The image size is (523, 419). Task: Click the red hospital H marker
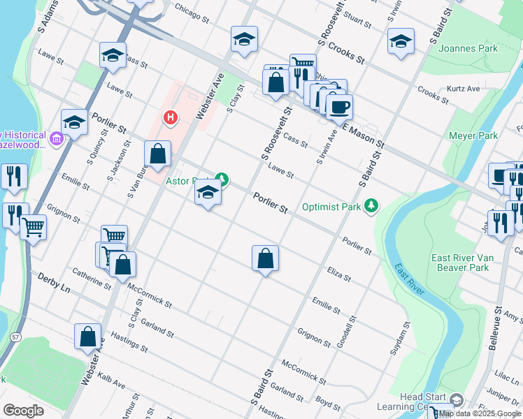tap(169, 117)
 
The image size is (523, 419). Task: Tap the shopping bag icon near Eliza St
tap(265, 259)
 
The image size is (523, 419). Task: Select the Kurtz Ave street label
tap(464, 89)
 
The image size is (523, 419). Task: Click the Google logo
tap(24, 410)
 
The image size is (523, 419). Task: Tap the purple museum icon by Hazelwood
tap(56, 139)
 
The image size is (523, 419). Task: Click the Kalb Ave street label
tap(112, 381)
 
